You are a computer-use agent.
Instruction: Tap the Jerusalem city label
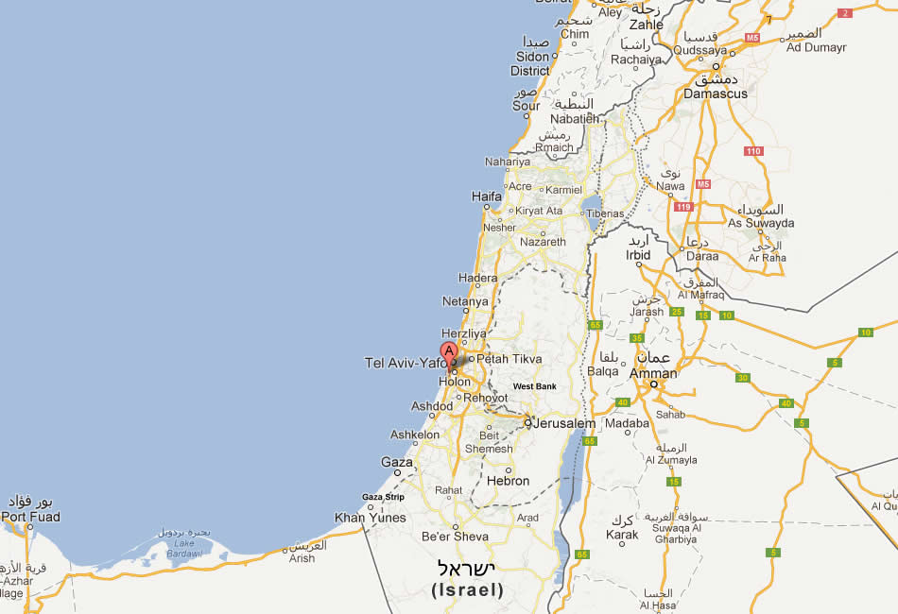[564, 424]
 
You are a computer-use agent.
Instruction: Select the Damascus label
[716, 94]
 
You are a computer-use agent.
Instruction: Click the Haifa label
[486, 196]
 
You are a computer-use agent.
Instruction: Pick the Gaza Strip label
[383, 497]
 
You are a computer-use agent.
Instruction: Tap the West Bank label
[535, 386]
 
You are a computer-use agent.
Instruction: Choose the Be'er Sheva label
[456, 537]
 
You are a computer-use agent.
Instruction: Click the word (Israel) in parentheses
[467, 590]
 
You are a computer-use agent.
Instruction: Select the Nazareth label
[544, 243]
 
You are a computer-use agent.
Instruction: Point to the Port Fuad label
[30, 517]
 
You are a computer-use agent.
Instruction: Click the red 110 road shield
[753, 151]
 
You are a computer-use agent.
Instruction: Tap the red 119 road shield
[683, 207]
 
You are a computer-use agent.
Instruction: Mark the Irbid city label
[639, 256]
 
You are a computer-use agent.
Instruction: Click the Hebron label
[509, 481]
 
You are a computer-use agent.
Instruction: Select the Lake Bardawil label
[185, 549]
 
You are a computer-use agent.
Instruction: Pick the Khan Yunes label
[371, 518]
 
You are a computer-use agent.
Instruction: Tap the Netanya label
[465, 302]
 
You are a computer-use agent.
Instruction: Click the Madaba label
[628, 424]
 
